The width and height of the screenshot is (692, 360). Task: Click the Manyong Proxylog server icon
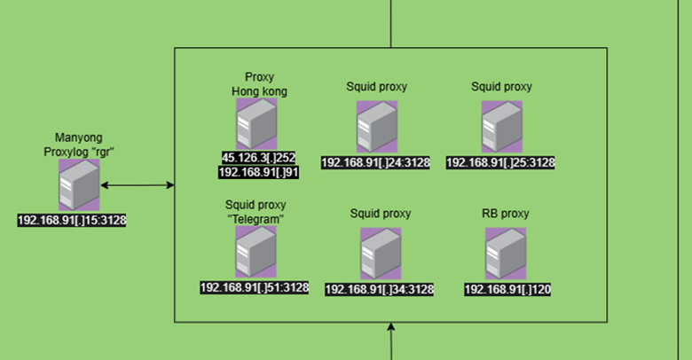click(x=79, y=185)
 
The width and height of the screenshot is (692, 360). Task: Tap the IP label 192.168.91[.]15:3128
click(x=72, y=219)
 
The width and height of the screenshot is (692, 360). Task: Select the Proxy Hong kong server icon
click(x=256, y=123)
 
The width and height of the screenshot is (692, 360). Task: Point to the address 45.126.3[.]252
click(x=259, y=158)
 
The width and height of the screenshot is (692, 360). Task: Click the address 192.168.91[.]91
click(x=258, y=172)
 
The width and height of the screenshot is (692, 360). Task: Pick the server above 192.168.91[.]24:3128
click(x=376, y=128)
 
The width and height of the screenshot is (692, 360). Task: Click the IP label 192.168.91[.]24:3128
click(x=375, y=162)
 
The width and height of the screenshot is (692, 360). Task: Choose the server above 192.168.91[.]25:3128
click(x=501, y=128)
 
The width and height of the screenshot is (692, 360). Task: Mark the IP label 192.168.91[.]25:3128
click(x=500, y=162)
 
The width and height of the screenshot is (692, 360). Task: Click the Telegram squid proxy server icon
click(x=255, y=252)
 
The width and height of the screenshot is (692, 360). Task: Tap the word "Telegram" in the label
click(x=255, y=218)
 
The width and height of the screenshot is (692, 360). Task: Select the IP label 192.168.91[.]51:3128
click(x=255, y=286)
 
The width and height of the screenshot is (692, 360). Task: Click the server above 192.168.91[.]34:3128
click(x=380, y=254)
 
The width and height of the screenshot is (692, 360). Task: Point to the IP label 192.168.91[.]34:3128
click(x=379, y=289)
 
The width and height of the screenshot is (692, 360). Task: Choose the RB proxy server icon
click(x=506, y=254)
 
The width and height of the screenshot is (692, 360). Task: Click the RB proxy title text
click(x=506, y=214)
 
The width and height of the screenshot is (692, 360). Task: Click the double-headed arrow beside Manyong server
click(x=136, y=185)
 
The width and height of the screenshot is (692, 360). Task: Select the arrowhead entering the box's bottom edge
click(x=390, y=328)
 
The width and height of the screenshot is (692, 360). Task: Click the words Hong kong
click(x=260, y=91)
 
